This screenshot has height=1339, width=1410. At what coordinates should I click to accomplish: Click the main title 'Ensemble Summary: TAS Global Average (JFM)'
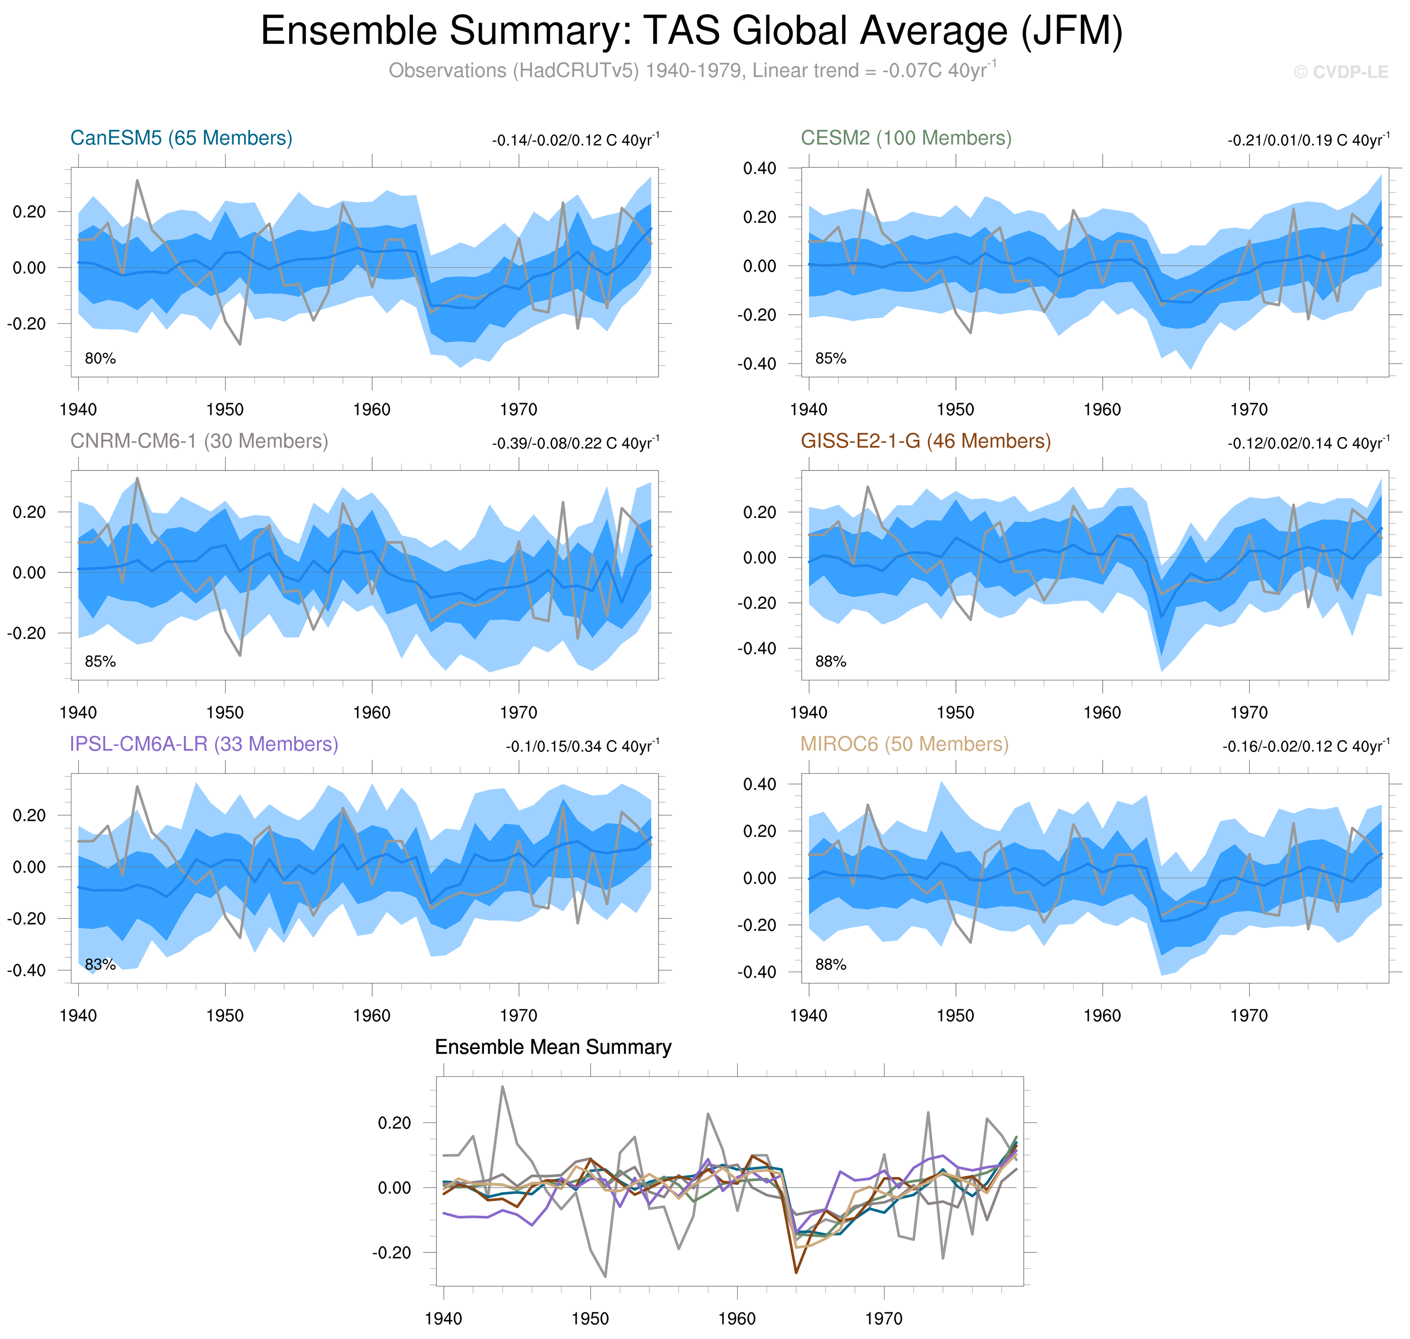coord(691,32)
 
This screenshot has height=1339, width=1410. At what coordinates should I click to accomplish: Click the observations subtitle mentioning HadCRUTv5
coord(691,71)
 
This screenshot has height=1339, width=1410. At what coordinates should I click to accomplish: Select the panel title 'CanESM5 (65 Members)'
coord(181,138)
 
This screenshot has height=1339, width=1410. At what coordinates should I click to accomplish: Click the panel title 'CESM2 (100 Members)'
coord(905,138)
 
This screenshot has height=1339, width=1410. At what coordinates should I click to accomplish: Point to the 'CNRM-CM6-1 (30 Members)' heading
coord(199,441)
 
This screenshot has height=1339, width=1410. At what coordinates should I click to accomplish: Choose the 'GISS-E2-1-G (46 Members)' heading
coord(925,441)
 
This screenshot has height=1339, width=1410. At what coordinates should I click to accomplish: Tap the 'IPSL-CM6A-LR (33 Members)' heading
coord(203,744)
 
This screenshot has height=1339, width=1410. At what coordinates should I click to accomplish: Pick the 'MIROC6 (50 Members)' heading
coord(904,744)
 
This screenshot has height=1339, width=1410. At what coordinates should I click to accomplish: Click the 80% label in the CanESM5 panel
coord(100,358)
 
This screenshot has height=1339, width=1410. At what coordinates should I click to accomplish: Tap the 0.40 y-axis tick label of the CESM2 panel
coord(759,168)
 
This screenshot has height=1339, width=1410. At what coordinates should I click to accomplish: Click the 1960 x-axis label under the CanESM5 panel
coord(371,410)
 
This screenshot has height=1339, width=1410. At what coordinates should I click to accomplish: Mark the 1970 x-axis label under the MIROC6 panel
coord(1249,1016)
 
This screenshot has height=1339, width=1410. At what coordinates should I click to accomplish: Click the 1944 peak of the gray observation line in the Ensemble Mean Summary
coord(503,1087)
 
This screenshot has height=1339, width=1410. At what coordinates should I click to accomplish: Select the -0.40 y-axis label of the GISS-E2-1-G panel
coord(756,648)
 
